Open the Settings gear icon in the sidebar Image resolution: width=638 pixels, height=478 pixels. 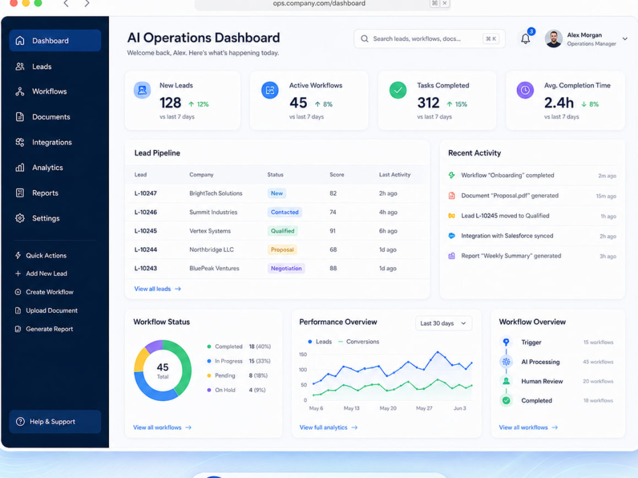coord(20,218)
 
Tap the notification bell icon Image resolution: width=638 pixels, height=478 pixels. coord(525,39)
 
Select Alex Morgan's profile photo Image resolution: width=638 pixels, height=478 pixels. coord(553,39)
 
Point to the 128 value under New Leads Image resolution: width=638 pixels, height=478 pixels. coord(170,103)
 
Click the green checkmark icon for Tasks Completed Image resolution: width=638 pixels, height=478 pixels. coord(397,91)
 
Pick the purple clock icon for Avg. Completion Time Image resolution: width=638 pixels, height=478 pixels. coord(525,91)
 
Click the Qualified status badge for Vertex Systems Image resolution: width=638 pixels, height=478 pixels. coord(283,231)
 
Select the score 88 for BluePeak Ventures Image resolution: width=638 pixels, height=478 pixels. coord(333,268)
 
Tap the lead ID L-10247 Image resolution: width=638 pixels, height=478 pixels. coord(145,194)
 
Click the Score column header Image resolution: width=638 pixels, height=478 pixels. coord(336,175)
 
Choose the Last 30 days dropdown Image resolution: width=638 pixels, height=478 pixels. coord(443,324)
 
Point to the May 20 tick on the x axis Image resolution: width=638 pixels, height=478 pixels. coord(388,408)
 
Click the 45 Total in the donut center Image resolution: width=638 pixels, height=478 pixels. coord(163,370)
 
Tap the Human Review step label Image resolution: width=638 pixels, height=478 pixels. coord(542,381)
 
